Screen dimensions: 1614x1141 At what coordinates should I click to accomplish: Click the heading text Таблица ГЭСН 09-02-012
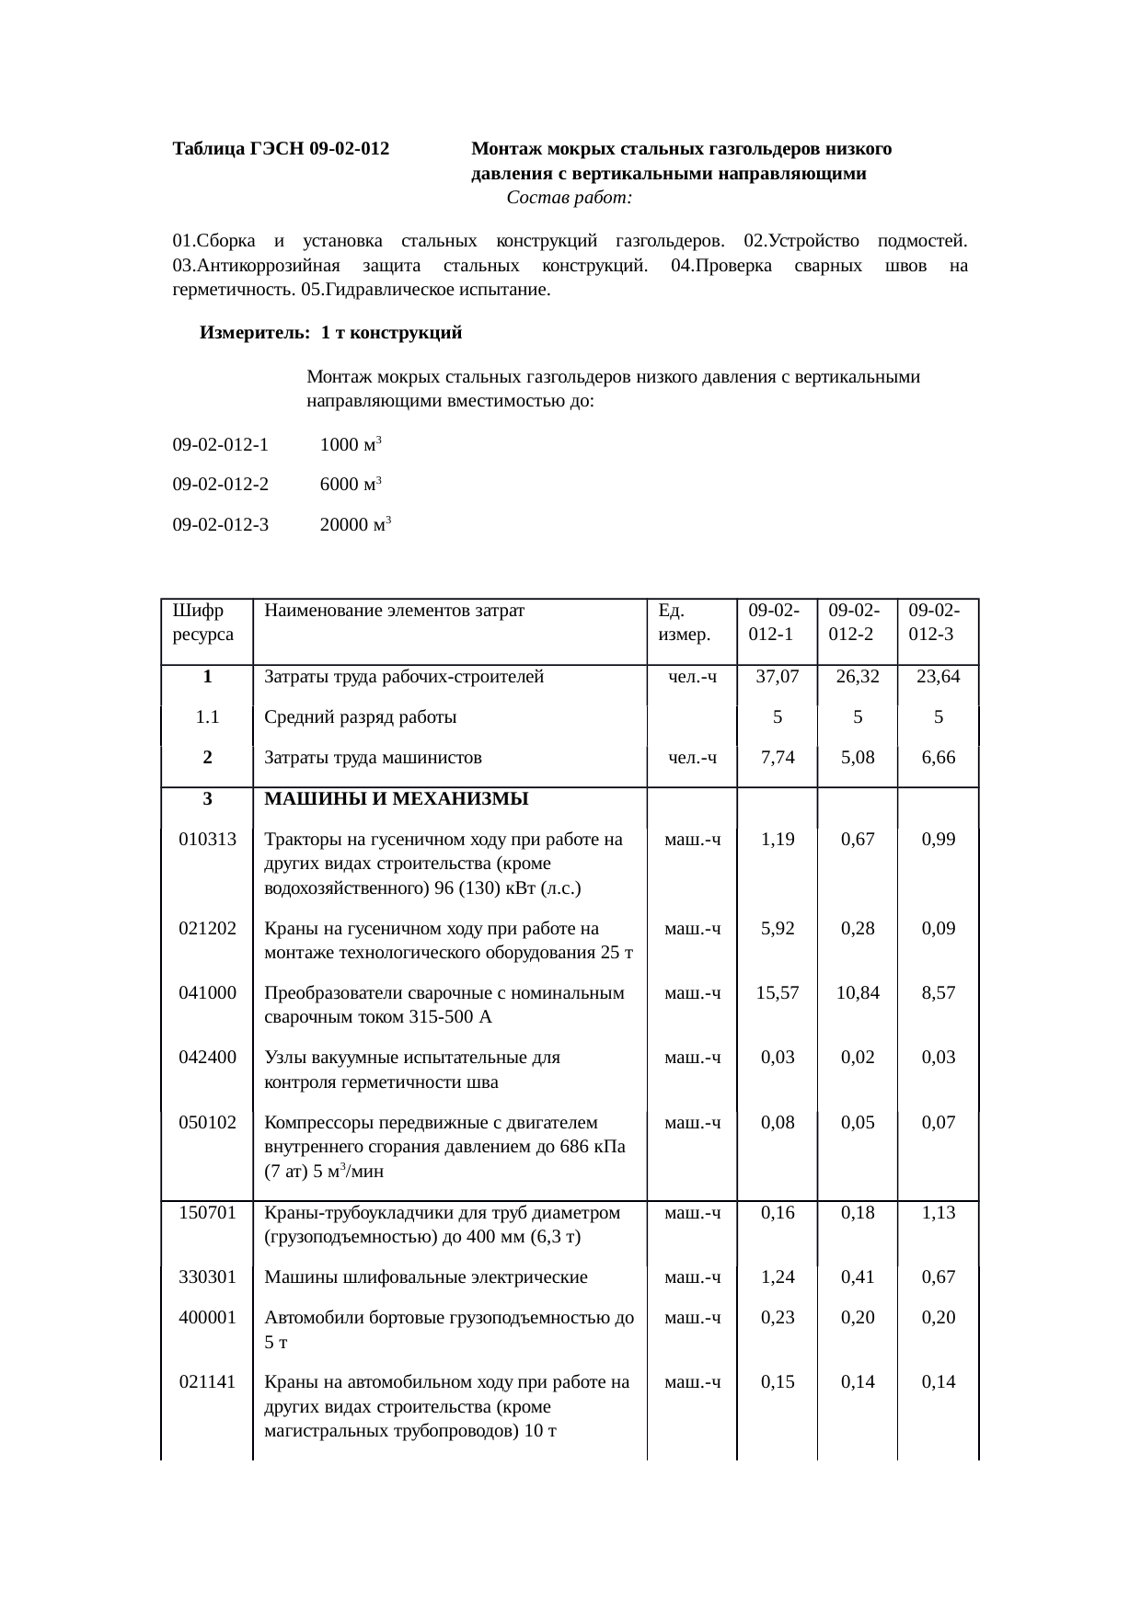point(281,149)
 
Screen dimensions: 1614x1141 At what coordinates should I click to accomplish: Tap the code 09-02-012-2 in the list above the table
point(221,485)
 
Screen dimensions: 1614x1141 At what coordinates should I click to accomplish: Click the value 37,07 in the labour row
point(777,678)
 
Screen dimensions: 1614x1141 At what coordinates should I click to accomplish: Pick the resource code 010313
point(208,840)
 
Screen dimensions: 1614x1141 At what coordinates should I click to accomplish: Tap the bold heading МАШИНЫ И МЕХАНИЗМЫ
point(397,799)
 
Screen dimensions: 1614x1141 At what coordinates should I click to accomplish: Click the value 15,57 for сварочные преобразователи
point(777,993)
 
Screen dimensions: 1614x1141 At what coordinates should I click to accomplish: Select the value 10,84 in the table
point(858,993)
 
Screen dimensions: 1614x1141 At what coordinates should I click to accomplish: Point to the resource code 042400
point(208,1058)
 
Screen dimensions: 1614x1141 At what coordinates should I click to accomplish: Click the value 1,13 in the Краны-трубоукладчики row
point(938,1213)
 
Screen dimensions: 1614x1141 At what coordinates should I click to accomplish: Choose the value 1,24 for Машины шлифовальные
point(777,1277)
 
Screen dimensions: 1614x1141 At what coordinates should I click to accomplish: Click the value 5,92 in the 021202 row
point(777,929)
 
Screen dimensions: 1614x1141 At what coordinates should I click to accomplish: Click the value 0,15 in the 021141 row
point(777,1382)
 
